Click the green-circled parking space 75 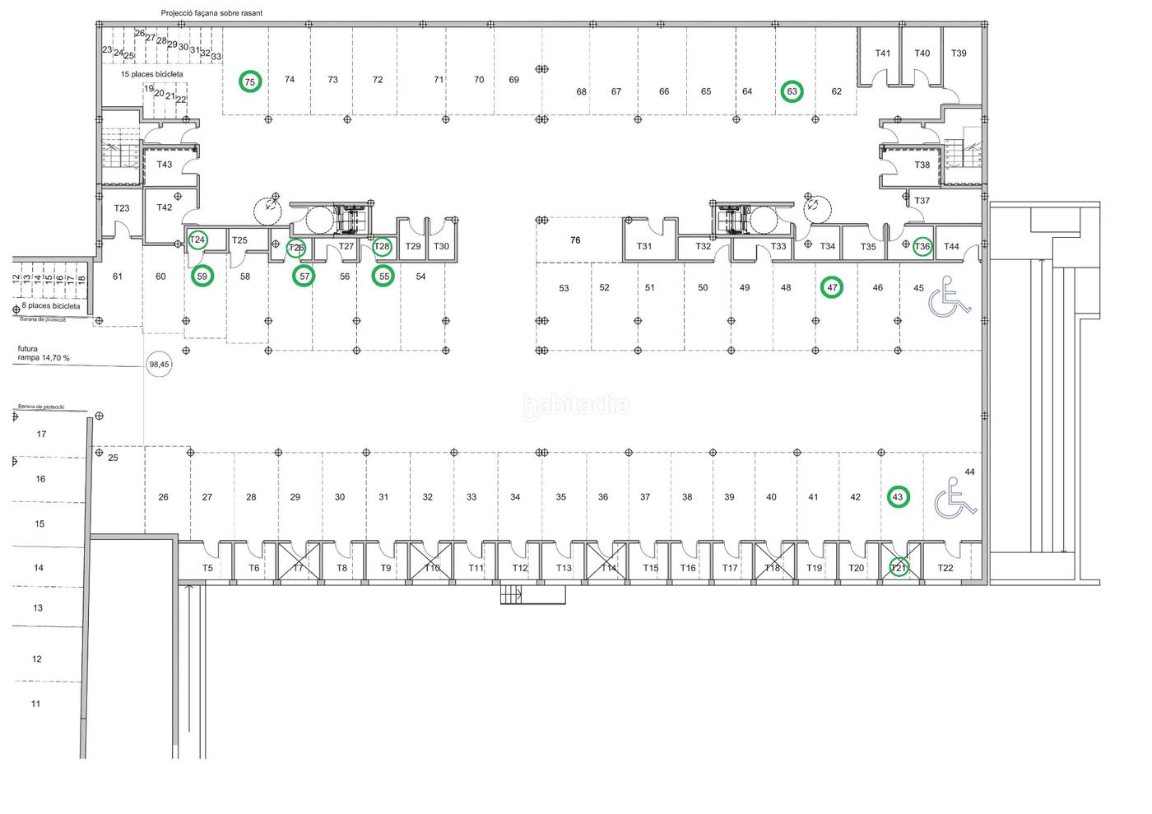tap(250, 81)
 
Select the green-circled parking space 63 tap(792, 91)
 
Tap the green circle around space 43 tap(898, 497)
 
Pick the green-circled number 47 tap(833, 287)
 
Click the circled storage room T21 tap(899, 567)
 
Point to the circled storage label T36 tap(922, 246)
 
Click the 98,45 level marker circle tap(159, 364)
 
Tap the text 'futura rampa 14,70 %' tap(44, 353)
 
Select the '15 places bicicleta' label tap(151, 74)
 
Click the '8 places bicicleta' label tap(51, 305)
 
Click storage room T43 tap(165, 165)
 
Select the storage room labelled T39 tap(959, 53)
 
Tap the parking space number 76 tap(575, 240)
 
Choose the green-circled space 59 tap(202, 277)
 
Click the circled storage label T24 tap(197, 240)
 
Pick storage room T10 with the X tap(432, 568)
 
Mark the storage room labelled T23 tap(122, 208)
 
